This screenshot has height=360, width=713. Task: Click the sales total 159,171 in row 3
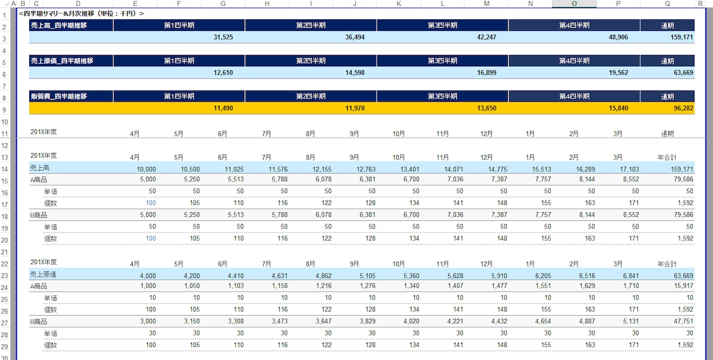681,37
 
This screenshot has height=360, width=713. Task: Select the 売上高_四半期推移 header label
59,26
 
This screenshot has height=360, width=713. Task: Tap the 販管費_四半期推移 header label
59,96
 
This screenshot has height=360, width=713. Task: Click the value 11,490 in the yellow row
223,108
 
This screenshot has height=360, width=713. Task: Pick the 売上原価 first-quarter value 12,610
223,72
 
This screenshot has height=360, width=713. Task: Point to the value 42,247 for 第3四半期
486,37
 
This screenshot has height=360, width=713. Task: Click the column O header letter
574,4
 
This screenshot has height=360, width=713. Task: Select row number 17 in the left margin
5,205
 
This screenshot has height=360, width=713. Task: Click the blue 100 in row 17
151,203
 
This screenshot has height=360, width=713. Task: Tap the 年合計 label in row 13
667,157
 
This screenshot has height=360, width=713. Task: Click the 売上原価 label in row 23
43,274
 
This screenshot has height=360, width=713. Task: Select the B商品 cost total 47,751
683,321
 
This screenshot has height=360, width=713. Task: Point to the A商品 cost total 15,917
683,286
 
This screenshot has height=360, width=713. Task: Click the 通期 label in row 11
667,134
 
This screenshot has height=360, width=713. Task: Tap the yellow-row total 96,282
683,108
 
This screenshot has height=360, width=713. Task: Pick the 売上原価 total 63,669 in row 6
683,72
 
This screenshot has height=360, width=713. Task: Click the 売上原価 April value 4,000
148,276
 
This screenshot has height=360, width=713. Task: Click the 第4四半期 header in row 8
574,96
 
